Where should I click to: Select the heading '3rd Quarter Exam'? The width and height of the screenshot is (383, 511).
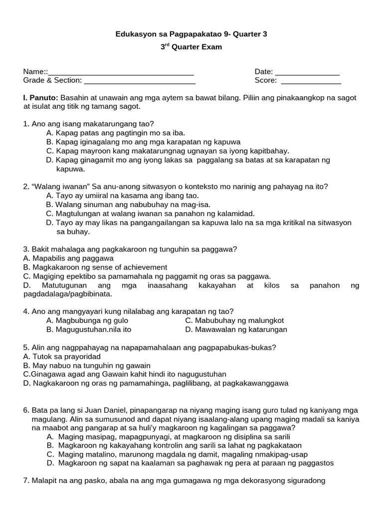pyautogui.click(x=191, y=47)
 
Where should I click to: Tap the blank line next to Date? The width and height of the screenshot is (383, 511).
pyautogui.click(x=307, y=73)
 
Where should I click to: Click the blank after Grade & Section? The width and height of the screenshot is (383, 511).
pyautogui.click(x=140, y=81)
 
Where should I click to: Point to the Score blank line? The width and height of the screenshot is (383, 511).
pyautogui.click(x=311, y=81)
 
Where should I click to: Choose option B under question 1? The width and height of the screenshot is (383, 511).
pyautogui.click(x=144, y=142)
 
